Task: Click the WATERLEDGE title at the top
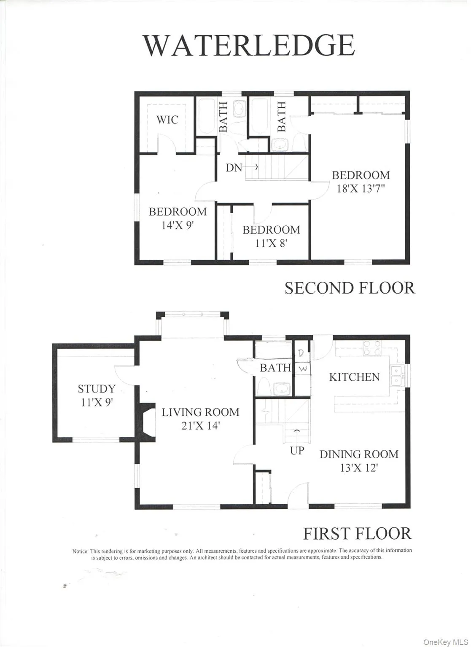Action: tap(249, 45)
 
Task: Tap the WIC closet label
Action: tap(167, 120)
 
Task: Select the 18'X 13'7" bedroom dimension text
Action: tap(361, 188)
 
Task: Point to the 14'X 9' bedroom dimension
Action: tap(178, 225)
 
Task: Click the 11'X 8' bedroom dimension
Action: tap(271, 243)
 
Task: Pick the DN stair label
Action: tap(234, 168)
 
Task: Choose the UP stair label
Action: tap(297, 450)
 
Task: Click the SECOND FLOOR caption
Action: tap(350, 288)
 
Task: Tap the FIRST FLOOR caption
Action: tap(357, 533)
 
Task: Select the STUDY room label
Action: tap(97, 388)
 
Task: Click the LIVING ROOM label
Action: tap(200, 412)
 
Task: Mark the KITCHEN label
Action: tap(354, 377)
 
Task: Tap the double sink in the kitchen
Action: tap(397, 375)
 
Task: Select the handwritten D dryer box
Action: tap(302, 353)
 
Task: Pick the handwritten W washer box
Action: tap(303, 369)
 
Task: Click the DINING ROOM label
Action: tap(359, 454)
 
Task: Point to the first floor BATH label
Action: tap(275, 368)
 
